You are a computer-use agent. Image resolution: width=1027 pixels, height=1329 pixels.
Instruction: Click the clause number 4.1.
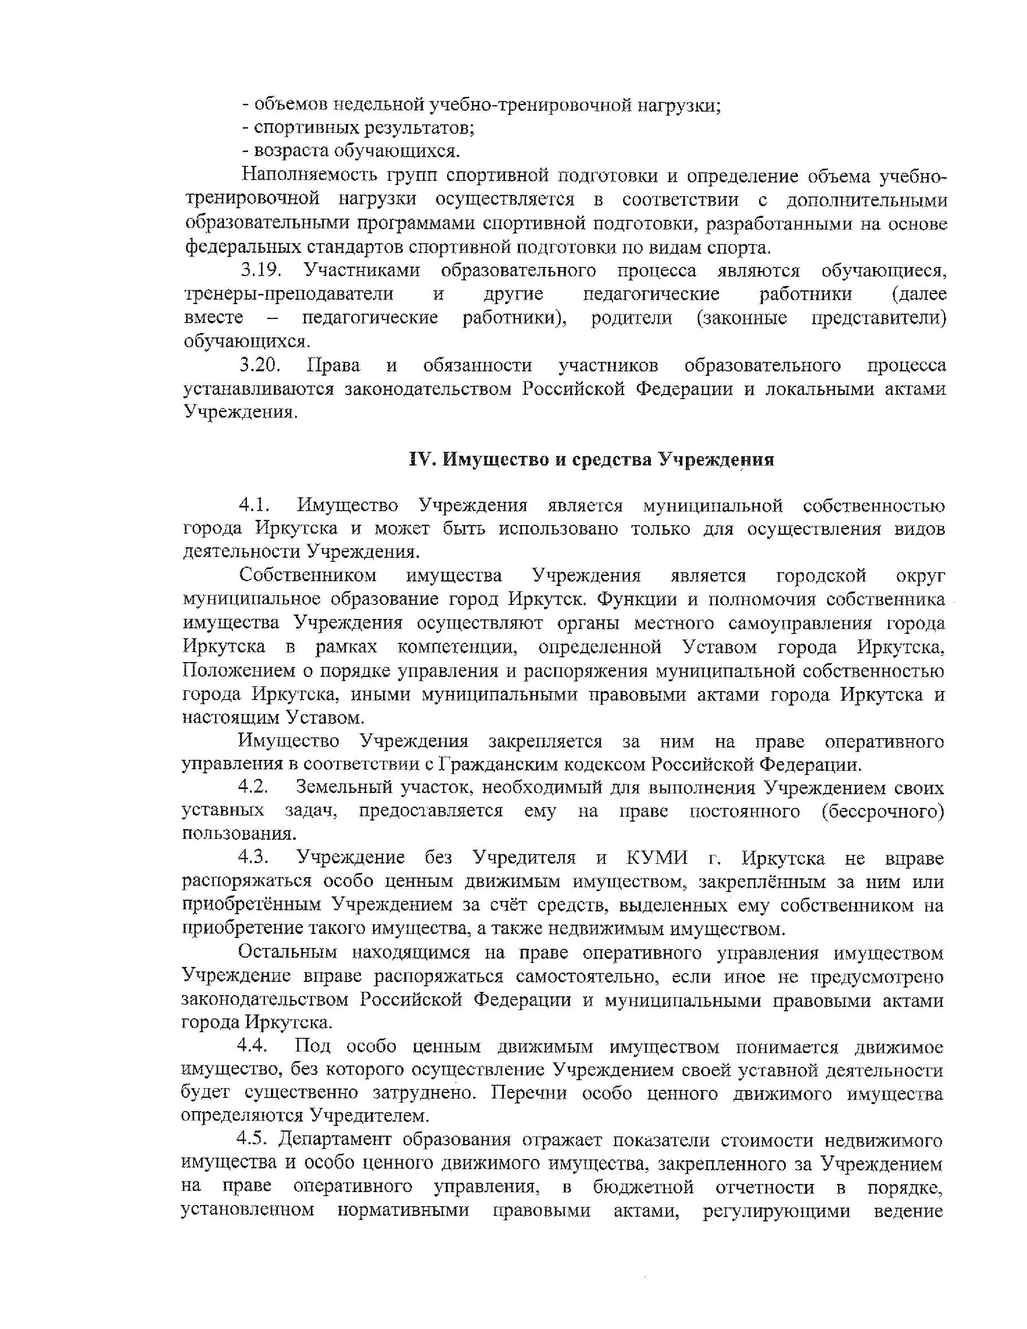click(254, 505)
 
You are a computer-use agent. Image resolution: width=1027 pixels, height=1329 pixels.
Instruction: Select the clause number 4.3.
click(254, 858)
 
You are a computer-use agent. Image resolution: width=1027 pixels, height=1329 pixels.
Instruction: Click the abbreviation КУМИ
click(657, 858)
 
